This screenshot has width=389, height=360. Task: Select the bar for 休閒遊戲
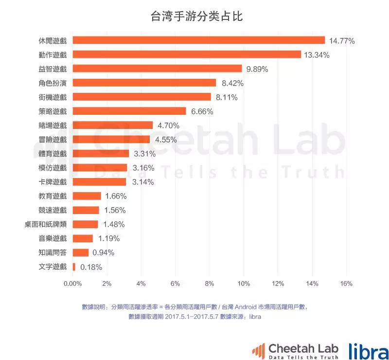pyautogui.click(x=198, y=40)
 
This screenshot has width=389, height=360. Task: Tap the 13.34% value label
pyautogui.click(x=317, y=55)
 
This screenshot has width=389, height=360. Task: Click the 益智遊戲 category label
pyautogui.click(x=53, y=69)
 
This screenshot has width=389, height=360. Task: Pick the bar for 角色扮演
pyautogui.click(x=144, y=83)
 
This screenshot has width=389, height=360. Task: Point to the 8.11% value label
pyautogui.click(x=227, y=97)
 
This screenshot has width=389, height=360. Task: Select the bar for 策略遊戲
pyautogui.click(x=129, y=111)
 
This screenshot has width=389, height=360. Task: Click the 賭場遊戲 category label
pyautogui.click(x=53, y=126)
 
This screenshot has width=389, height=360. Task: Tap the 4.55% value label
pyautogui.click(x=166, y=140)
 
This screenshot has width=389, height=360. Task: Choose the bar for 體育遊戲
pyautogui.click(x=101, y=154)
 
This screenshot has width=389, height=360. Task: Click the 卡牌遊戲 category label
pyautogui.click(x=53, y=182)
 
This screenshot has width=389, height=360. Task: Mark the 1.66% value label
pyautogui.click(x=116, y=196)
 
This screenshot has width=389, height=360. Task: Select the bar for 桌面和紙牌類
pyautogui.click(x=85, y=224)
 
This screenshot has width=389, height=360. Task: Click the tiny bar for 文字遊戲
pyautogui.click(x=74, y=267)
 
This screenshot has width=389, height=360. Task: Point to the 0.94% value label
pyautogui.click(x=103, y=252)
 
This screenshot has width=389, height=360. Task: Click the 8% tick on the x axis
pyautogui.click(x=210, y=284)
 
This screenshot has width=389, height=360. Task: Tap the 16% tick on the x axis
pyautogui.click(x=346, y=284)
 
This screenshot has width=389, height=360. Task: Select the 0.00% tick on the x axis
pyautogui.click(x=72, y=284)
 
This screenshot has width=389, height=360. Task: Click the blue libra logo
pyautogui.click(x=368, y=350)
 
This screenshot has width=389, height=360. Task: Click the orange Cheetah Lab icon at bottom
pyautogui.click(x=258, y=350)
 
